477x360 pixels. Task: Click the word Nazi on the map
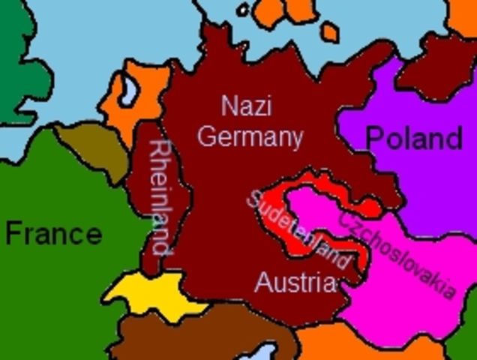[x=246, y=106]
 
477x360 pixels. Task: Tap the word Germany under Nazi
[x=250, y=137]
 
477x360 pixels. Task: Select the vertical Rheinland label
[x=160, y=196]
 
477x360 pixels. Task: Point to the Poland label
[x=413, y=138]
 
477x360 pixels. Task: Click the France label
[x=53, y=233]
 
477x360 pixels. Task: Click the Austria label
[x=294, y=283]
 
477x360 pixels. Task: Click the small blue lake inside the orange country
[x=129, y=91]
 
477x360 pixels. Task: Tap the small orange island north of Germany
[x=329, y=32]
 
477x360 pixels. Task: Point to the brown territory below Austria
[x=202, y=337]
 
